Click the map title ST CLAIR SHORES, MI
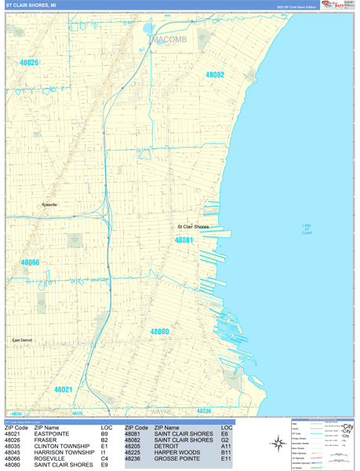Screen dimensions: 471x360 pyautogui.click(x=31, y=5)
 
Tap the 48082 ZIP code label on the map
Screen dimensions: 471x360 pyautogui.click(x=215, y=75)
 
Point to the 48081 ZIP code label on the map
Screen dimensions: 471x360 pyautogui.click(x=184, y=240)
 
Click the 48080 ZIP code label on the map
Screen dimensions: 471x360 pyautogui.click(x=159, y=332)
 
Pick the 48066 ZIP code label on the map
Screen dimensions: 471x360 pyautogui.click(x=30, y=262)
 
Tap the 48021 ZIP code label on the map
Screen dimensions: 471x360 pyautogui.click(x=63, y=389)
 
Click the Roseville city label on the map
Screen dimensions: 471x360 pyautogui.click(x=49, y=205)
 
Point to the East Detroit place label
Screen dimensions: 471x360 pyautogui.click(x=22, y=340)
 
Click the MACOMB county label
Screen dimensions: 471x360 pyautogui.click(x=168, y=38)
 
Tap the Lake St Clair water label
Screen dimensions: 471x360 pyautogui.click(x=307, y=229)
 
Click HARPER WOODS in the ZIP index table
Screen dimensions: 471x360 pyautogui.click(x=175, y=453)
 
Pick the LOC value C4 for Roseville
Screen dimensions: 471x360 pyautogui.click(x=104, y=459)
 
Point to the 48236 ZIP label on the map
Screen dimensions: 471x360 pyautogui.click(x=204, y=411)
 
